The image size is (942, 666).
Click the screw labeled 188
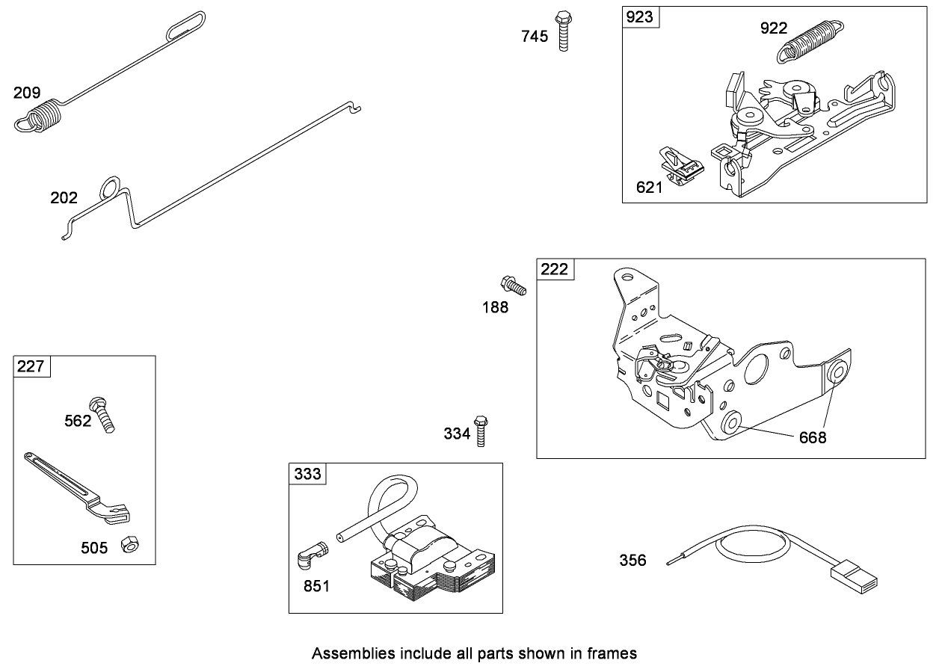coord(513,286)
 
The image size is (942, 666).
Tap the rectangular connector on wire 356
coord(855,578)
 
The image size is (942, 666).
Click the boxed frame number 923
coord(640,17)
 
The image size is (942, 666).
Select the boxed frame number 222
coord(555,269)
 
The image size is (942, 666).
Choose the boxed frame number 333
coord(307,473)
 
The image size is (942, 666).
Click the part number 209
coord(26,93)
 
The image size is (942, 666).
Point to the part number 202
coord(64,197)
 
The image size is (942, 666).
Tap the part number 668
coord(813,437)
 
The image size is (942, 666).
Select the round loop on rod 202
coord(110,187)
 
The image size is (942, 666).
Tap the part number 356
coord(632,560)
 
